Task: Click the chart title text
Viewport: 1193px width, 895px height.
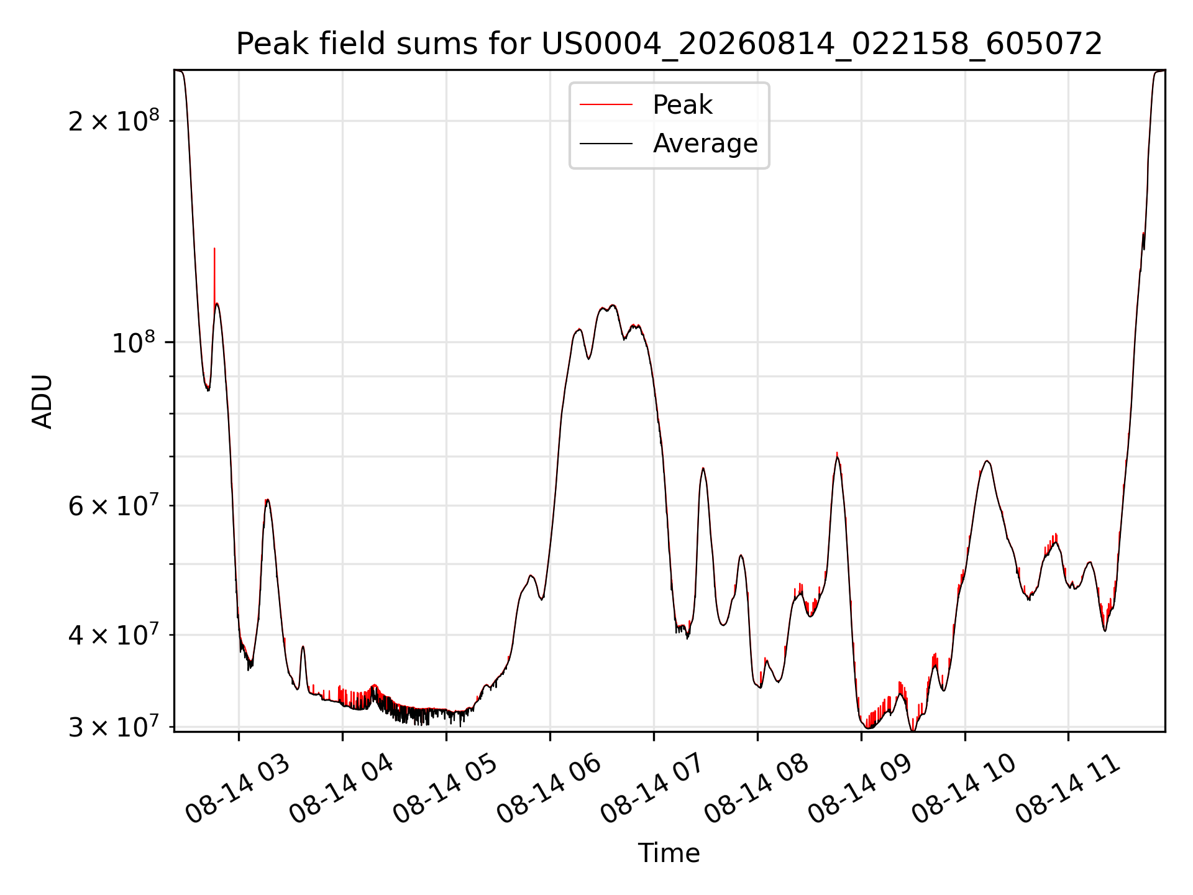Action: [x=669, y=44]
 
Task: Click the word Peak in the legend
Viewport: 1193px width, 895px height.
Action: [x=682, y=105]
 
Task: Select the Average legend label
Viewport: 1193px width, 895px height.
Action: [x=705, y=144]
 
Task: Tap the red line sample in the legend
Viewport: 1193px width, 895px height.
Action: [x=606, y=105]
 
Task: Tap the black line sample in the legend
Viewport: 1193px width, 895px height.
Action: [x=606, y=144]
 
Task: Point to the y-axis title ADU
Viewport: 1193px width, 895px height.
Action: [x=42, y=402]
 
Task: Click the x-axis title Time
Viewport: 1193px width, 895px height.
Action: [x=669, y=853]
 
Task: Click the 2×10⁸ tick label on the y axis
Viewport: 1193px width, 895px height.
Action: [x=113, y=120]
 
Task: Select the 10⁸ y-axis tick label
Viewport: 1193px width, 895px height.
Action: [x=135, y=342]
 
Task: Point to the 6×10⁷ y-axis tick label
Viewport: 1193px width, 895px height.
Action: [x=113, y=505]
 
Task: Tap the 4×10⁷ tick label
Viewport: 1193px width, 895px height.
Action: [x=113, y=635]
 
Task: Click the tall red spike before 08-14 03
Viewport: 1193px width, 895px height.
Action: [x=214, y=273]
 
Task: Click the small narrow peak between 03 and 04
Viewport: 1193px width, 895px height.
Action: [x=303, y=648]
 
